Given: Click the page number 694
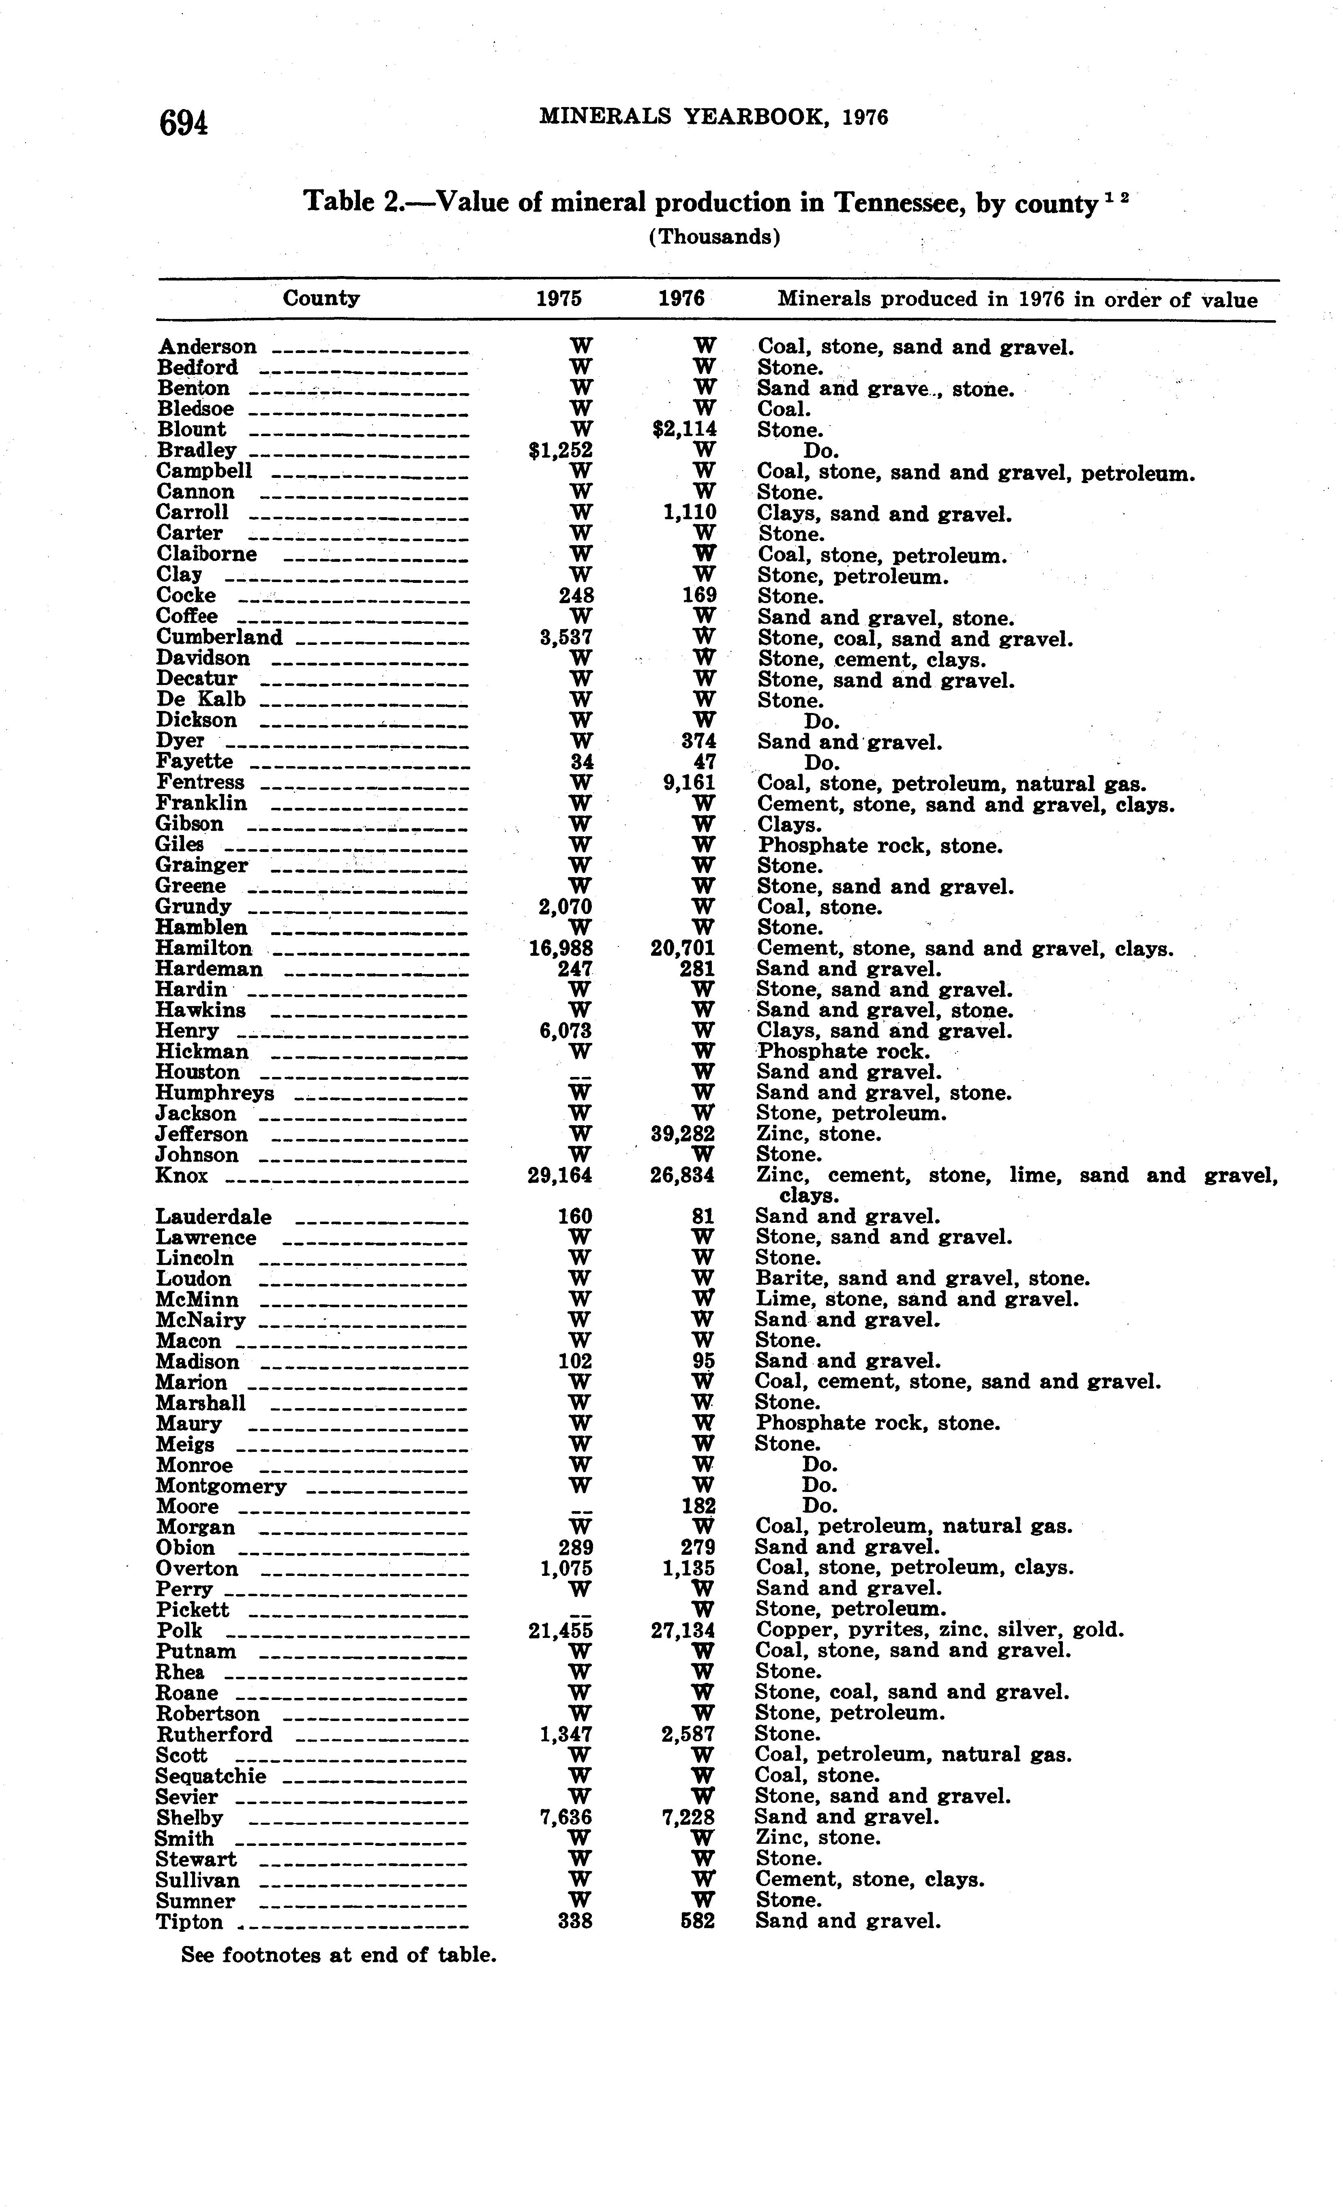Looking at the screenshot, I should coord(184,123).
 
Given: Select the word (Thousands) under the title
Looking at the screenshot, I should coord(714,238).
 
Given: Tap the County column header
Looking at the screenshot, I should coord(321,298).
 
